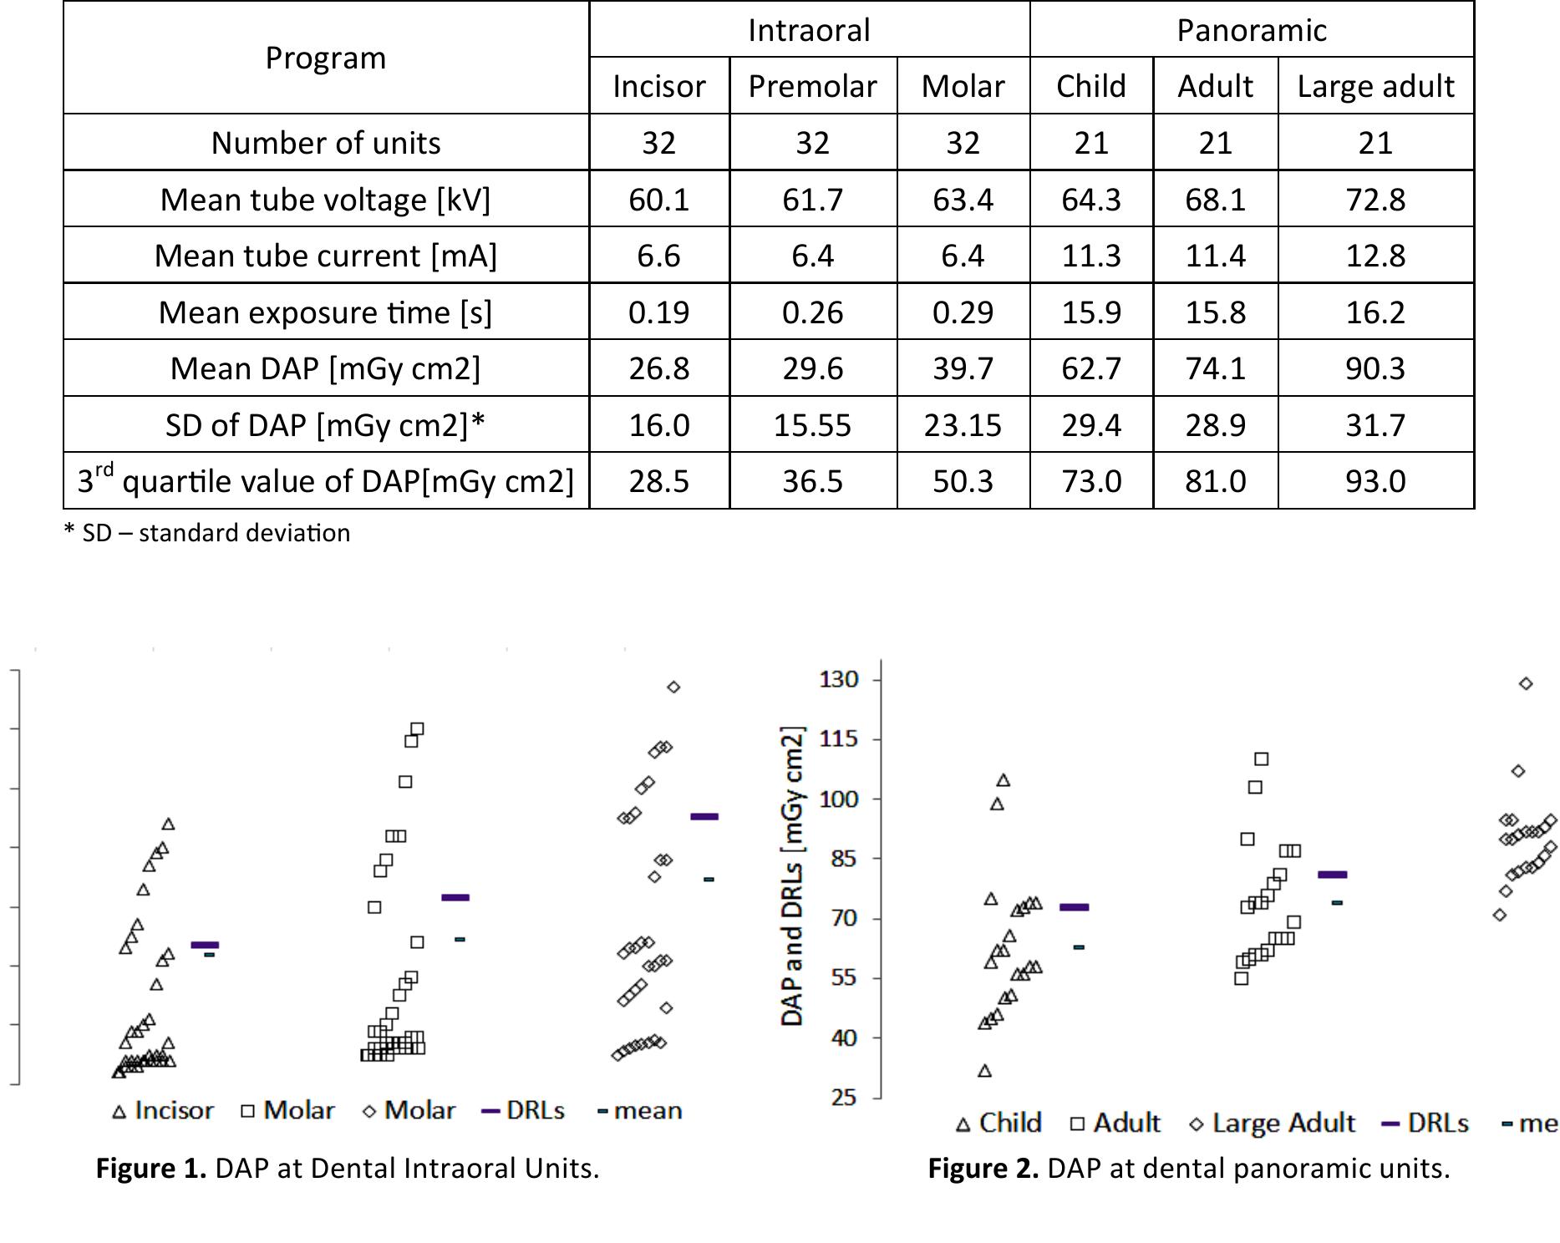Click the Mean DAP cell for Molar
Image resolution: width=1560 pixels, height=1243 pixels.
(x=963, y=368)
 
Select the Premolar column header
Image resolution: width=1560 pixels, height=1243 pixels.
(x=812, y=86)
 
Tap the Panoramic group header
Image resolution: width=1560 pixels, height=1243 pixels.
(x=1251, y=30)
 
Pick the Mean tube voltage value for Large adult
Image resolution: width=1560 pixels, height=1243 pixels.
(x=1375, y=200)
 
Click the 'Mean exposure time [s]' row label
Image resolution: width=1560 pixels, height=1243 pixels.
(x=326, y=312)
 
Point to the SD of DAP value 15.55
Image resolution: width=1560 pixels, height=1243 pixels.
(x=812, y=425)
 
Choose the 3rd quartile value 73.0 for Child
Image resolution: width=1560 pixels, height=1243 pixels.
(x=1090, y=481)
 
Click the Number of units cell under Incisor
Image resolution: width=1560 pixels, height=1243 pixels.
(x=658, y=143)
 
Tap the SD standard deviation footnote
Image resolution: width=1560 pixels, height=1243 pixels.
(x=207, y=533)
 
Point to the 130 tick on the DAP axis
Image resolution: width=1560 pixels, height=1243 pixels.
(x=838, y=679)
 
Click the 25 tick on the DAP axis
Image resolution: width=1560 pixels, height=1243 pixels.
(x=844, y=1097)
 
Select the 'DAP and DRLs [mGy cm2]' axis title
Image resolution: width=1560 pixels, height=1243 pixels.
(x=792, y=876)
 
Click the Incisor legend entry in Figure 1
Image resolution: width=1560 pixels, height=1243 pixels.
(x=164, y=1110)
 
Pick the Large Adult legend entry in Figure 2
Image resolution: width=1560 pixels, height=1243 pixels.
(x=1272, y=1123)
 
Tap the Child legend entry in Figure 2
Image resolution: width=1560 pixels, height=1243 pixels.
(x=999, y=1123)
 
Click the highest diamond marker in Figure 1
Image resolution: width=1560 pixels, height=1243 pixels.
(x=673, y=687)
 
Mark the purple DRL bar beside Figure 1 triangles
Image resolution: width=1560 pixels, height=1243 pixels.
(x=205, y=945)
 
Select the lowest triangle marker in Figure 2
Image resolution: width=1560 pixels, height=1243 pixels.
(x=984, y=1071)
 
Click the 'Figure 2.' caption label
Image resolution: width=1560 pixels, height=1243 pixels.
(x=983, y=1168)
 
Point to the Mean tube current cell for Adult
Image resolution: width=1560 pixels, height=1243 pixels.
(x=1215, y=256)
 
